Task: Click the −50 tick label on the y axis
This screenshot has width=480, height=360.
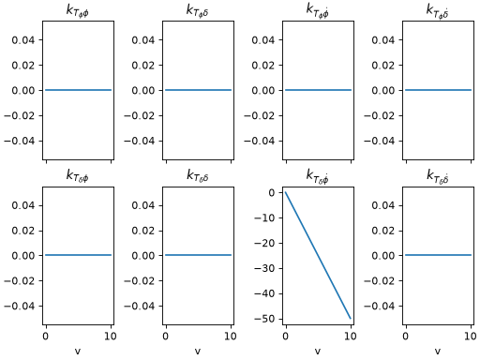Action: pyautogui.click(x=264, y=319)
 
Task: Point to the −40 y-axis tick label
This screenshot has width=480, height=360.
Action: pyautogui.click(x=264, y=293)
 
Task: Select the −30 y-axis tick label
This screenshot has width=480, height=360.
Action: pyautogui.click(x=264, y=268)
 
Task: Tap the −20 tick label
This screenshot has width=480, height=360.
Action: pyautogui.click(x=264, y=243)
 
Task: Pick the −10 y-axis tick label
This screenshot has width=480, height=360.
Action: pyautogui.click(x=264, y=217)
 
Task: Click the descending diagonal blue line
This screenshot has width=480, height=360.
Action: pyautogui.click(x=318, y=256)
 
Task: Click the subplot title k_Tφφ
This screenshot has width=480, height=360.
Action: pyautogui.click(x=78, y=11)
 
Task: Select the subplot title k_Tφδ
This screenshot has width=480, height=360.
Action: pyautogui.click(x=198, y=11)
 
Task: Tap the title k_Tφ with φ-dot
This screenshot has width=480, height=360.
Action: pyautogui.click(x=318, y=10)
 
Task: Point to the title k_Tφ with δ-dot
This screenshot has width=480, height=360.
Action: pyautogui.click(x=438, y=10)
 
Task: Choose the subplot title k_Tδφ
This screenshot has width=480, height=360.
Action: pyautogui.click(x=78, y=176)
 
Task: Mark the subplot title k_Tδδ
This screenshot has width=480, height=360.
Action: pyautogui.click(x=198, y=176)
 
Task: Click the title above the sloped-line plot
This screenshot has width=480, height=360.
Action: pyautogui.click(x=318, y=176)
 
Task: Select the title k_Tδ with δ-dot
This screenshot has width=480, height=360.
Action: pyautogui.click(x=438, y=176)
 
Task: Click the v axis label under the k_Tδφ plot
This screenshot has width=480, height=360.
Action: pyautogui.click(x=78, y=352)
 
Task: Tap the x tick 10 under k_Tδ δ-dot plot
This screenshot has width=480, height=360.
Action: pyautogui.click(x=471, y=337)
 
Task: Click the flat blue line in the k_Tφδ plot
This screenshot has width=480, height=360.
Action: pyautogui.click(x=198, y=90)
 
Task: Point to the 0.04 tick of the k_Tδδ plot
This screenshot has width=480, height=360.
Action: pyautogui.click(x=143, y=205)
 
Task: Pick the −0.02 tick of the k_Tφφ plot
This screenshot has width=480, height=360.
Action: pyautogui.click(x=20, y=116)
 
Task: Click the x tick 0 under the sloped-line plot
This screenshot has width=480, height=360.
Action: pyautogui.click(x=286, y=337)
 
